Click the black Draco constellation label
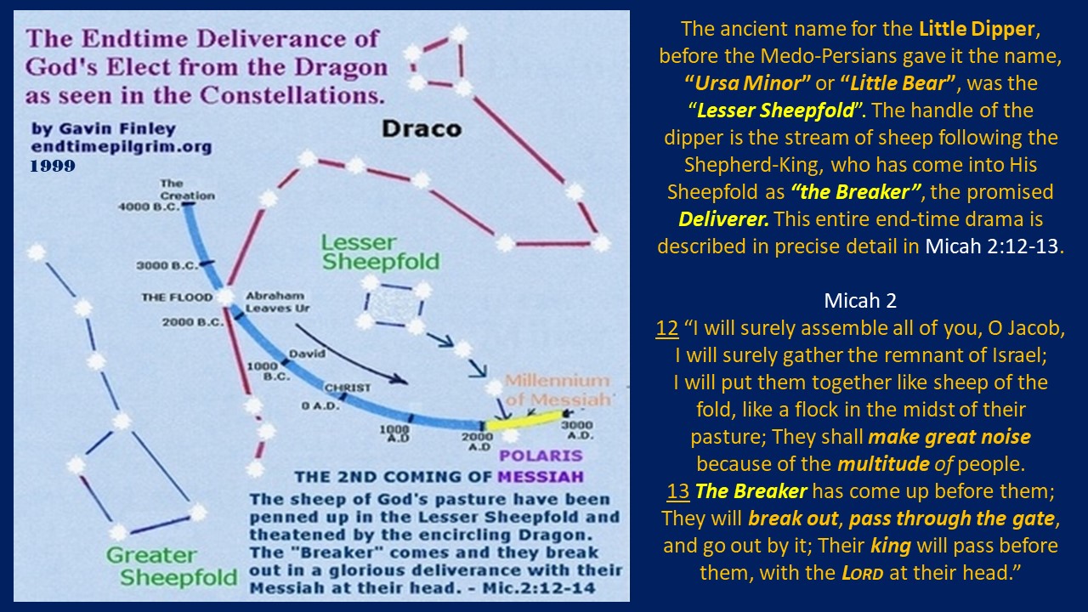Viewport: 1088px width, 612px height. [x=422, y=129]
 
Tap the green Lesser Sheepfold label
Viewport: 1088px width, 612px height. [x=380, y=252]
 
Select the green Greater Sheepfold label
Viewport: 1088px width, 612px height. [x=172, y=566]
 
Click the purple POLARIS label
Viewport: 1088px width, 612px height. [x=541, y=456]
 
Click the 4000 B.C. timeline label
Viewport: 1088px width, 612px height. [x=149, y=207]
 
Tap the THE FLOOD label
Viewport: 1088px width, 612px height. [x=177, y=297]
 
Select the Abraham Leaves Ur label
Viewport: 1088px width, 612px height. [x=277, y=302]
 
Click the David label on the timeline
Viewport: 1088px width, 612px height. [x=307, y=354]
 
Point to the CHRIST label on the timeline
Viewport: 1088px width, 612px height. [x=348, y=388]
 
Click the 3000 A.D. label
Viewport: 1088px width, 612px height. [x=577, y=430]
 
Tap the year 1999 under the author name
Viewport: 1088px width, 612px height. [x=53, y=166]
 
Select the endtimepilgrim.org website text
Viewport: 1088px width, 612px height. [x=122, y=147]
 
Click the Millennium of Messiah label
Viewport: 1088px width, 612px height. [x=557, y=390]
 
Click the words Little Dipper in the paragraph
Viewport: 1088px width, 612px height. [x=977, y=29]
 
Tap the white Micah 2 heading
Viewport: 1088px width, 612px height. [x=860, y=301]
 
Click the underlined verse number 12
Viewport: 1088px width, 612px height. [x=667, y=328]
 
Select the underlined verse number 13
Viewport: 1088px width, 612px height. [x=678, y=491]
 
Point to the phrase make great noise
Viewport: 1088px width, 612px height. [x=949, y=437]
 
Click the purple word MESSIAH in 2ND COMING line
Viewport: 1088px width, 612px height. [x=541, y=477]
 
